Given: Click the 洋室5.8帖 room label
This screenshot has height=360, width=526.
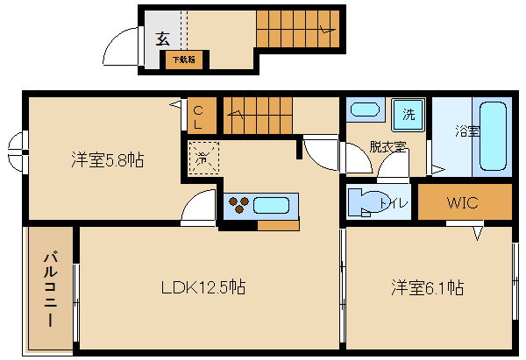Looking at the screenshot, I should (x=107, y=160).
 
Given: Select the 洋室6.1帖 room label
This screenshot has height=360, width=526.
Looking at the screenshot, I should (x=427, y=287).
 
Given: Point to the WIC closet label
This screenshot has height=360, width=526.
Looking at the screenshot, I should (x=462, y=203).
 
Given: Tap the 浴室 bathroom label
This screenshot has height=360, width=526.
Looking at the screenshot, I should (x=466, y=132).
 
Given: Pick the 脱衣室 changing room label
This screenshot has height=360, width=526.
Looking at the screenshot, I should (x=387, y=146).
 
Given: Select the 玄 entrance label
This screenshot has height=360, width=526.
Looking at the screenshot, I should (x=163, y=39).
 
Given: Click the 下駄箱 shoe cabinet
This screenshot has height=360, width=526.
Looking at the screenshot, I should (x=184, y=60).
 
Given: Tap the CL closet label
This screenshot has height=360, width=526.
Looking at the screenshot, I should (x=198, y=116).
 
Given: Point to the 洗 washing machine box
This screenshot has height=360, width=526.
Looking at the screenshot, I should (x=408, y=113).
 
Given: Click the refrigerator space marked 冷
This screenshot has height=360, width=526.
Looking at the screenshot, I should (x=203, y=159).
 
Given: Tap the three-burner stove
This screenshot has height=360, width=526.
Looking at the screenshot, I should (x=239, y=206).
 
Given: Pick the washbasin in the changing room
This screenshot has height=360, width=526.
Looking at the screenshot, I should (x=364, y=110).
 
